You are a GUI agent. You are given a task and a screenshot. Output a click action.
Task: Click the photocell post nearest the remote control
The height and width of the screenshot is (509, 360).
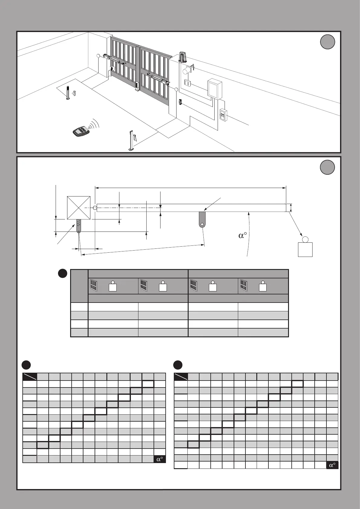click(x=131, y=140)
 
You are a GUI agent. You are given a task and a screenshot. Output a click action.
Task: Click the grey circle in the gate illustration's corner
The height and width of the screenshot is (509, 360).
click(x=327, y=42)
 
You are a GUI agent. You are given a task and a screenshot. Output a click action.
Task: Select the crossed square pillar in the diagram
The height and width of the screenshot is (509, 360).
click(x=79, y=208)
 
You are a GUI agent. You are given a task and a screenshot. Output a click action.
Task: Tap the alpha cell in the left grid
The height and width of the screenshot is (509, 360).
click(x=160, y=459)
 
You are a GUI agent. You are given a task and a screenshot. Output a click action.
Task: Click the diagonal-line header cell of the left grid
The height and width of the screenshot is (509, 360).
click(x=30, y=377)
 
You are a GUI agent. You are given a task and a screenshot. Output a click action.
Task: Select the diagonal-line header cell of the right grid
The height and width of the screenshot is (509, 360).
click(x=181, y=377)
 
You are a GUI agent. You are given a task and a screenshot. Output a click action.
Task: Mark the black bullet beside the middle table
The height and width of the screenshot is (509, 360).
click(x=63, y=274)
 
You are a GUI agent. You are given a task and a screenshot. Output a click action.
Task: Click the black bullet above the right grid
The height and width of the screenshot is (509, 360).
click(x=178, y=365)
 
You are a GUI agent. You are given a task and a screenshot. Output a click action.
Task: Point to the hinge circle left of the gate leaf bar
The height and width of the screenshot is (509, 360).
click(x=95, y=208)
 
